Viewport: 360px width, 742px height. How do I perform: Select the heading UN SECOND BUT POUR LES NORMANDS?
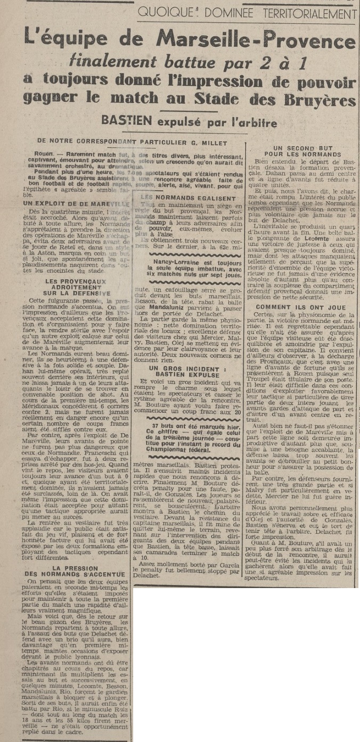tap(299, 151)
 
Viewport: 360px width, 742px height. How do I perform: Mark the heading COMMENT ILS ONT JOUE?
tap(300, 307)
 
